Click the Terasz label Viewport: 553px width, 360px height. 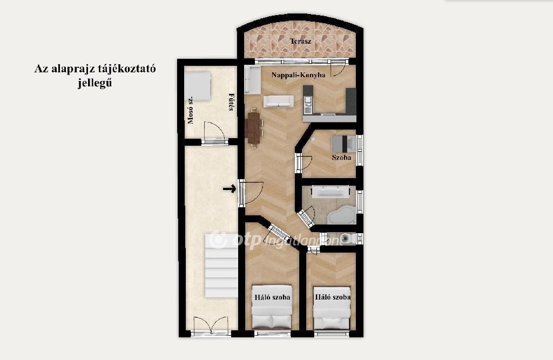click(300, 41)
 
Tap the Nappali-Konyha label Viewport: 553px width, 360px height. click(298, 74)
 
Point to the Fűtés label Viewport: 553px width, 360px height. click(231, 102)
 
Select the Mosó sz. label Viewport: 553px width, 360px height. click(191, 110)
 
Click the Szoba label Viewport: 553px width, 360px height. click(341, 158)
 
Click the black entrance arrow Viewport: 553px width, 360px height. click(229, 189)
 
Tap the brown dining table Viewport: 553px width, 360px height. click(254, 127)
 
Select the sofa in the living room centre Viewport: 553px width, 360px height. click(278, 101)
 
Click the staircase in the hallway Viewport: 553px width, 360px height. click(221, 266)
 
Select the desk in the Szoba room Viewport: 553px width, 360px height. click(344, 144)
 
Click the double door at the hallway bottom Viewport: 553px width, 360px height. click(211, 325)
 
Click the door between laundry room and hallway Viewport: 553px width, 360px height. click(214, 132)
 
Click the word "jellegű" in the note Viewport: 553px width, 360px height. click(95, 83)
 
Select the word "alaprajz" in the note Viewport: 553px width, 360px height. click(73, 69)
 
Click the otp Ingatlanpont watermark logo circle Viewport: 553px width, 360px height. click(218, 240)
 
